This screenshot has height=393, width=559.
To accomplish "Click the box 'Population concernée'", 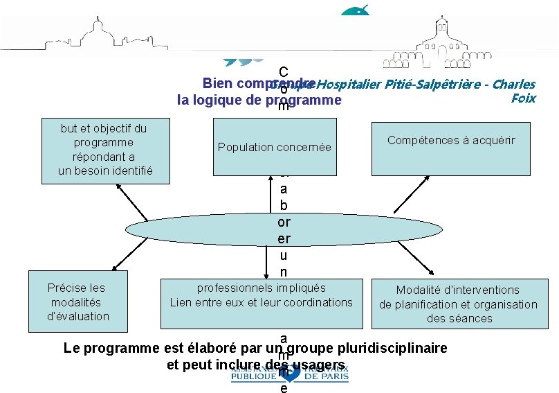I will point(275,147).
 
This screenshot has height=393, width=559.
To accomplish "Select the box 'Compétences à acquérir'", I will point(451,148).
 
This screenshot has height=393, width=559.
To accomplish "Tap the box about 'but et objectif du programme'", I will point(104,150).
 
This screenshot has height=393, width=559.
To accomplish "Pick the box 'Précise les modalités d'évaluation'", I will point(78,303).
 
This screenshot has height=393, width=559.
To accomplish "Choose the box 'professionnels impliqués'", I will point(261,303).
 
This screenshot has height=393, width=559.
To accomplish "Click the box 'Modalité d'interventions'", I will point(458,304).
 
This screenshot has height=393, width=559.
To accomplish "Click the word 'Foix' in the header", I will point(522,98).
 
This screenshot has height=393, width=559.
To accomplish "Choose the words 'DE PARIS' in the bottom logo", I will point(326,377).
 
